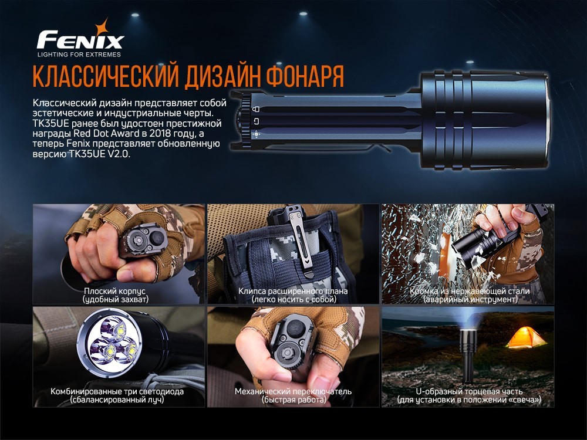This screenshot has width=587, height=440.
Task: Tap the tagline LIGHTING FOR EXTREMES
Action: click(79, 55)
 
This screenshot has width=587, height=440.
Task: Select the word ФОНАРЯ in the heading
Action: click(305, 76)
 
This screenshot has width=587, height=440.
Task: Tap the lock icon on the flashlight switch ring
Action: click(255, 109)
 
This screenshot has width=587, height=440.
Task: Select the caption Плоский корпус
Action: click(115, 291)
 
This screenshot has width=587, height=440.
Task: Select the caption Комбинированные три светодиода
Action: click(117, 391)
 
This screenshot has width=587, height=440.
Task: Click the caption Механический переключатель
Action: click(293, 391)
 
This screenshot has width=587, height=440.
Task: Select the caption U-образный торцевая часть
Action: click(468, 391)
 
